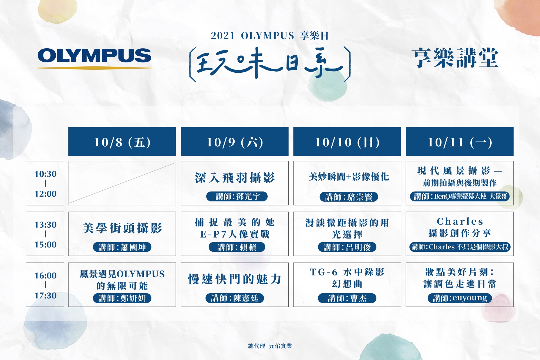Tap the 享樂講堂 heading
click(455, 58)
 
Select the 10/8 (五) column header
click(122, 142)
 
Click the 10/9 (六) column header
click(235, 142)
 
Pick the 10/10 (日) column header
click(347, 142)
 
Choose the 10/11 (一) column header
click(460, 142)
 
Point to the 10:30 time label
click(45, 174)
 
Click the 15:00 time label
click(45, 245)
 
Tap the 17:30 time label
click(45, 296)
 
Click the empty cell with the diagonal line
click(122, 183)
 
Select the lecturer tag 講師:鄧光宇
click(237, 196)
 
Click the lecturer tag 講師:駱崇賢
click(349, 197)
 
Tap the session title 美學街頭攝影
click(122, 228)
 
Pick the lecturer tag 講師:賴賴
click(237, 247)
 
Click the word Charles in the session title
click(460, 222)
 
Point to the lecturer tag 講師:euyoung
click(460, 298)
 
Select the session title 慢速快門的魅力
click(235, 279)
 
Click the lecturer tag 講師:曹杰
click(347, 298)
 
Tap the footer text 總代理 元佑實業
click(270, 346)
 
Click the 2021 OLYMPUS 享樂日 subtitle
click(270, 36)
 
